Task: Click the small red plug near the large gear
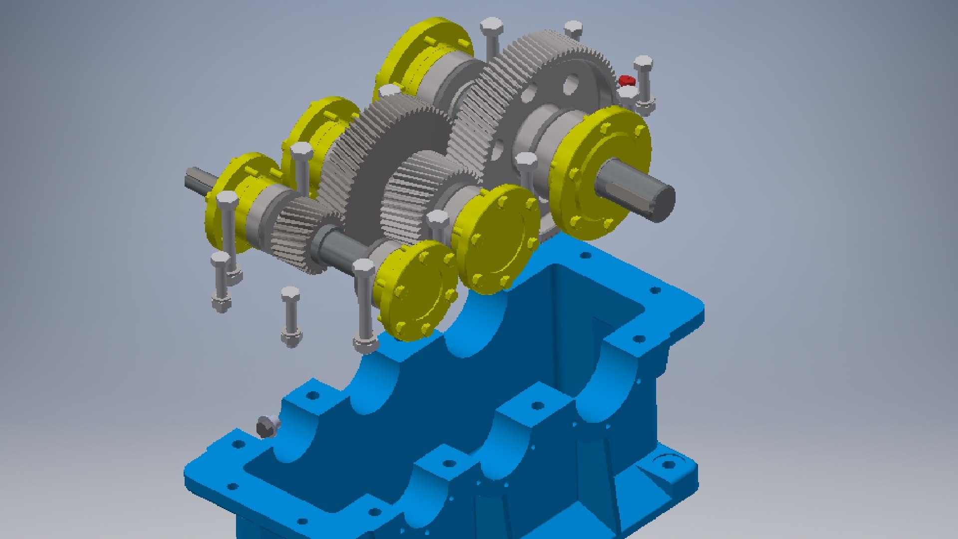pyautogui.click(x=625, y=80)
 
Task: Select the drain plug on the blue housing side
pyautogui.click(x=265, y=427)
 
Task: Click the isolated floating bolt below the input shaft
pyautogui.click(x=290, y=314)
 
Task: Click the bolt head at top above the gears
pyautogui.click(x=491, y=25)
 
